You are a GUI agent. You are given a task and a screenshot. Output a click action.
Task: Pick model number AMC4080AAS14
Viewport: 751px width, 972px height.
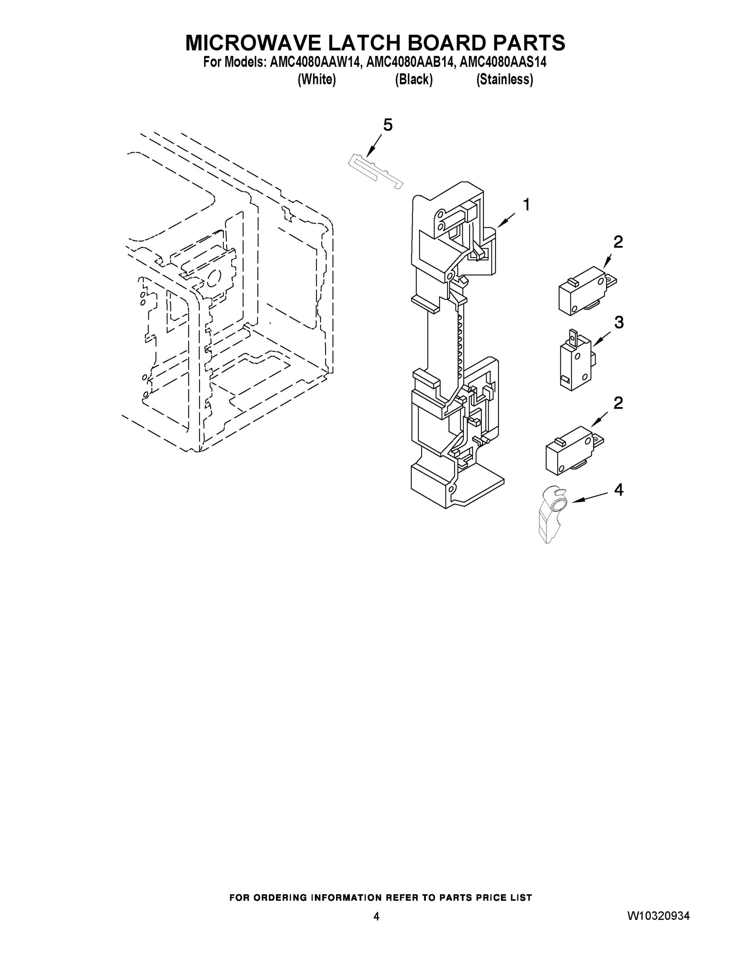(503, 62)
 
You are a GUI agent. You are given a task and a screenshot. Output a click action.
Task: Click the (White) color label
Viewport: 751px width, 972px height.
(316, 80)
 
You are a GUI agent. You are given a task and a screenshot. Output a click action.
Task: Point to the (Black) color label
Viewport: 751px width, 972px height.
(414, 80)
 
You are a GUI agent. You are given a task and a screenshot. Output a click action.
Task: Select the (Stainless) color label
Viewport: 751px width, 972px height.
(504, 80)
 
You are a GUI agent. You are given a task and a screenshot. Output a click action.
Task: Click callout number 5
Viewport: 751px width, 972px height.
(388, 126)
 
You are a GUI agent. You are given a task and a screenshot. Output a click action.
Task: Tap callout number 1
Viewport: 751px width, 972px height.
(527, 205)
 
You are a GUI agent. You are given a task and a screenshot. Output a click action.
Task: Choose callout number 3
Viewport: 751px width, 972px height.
(619, 323)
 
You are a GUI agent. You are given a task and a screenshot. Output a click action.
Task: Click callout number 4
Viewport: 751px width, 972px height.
(619, 490)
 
